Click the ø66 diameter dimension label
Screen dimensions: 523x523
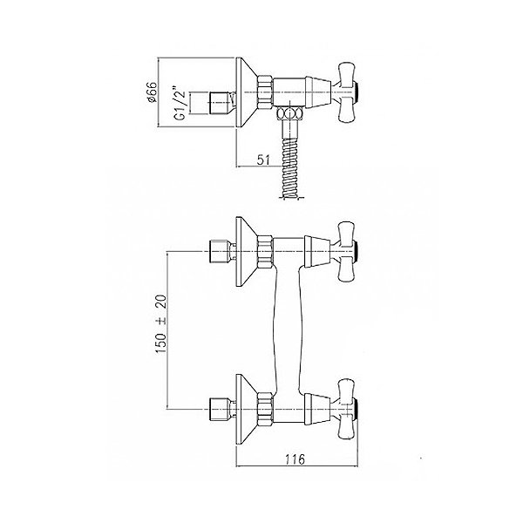coord(152,92)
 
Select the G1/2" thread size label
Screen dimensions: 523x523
coord(180,104)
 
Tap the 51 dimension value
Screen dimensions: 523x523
coord(263,160)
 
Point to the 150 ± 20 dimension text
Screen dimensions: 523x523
coord(160,324)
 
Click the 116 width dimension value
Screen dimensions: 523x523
coord(295,459)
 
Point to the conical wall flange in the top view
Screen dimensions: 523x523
coord(246,92)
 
